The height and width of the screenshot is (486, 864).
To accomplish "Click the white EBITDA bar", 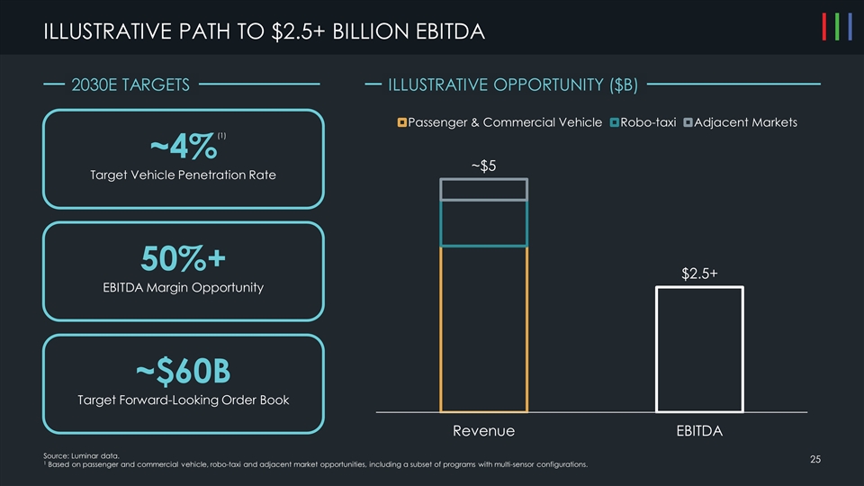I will pos(698,349).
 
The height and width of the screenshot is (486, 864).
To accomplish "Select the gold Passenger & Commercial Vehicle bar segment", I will pos(483,328).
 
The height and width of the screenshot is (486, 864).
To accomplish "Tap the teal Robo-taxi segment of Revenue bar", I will pos(483,222).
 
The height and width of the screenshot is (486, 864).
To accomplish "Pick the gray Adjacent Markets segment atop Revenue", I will pos(483,189).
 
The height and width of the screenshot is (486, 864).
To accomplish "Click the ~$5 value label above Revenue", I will pos(483,166).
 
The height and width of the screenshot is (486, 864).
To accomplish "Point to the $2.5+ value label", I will pos(698,273).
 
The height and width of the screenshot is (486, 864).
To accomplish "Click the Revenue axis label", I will pos(483,431).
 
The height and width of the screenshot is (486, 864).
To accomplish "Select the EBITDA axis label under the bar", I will pos(698,431).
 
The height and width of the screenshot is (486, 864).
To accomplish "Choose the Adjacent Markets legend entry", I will pos(742,122).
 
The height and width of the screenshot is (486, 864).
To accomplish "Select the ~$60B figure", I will pos(183,370).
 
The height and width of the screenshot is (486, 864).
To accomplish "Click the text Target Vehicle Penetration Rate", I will pos(183,175).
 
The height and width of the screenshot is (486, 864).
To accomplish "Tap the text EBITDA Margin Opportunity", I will pos(183,288).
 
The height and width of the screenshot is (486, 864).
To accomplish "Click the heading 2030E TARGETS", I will pos(130,85).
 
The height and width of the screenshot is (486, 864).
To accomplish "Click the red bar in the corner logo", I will pos(825,27).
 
